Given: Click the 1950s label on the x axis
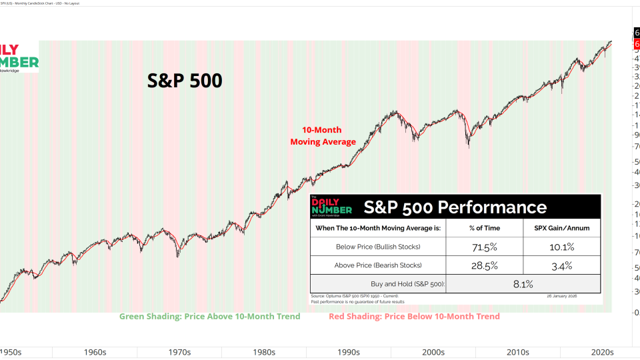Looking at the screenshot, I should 11,351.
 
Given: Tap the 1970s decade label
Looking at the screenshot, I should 179,351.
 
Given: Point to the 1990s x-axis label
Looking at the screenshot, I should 349,351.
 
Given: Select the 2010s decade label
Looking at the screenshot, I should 518,351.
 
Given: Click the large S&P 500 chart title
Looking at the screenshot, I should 185,81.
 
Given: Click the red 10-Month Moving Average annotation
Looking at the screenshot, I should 323,136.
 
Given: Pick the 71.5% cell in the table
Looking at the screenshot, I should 485,247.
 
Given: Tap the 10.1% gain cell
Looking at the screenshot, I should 561,247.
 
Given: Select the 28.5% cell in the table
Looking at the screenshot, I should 485,265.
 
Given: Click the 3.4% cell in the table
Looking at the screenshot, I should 561,265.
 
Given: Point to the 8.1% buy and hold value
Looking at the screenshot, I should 523,284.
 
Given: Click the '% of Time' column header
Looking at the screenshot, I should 485,228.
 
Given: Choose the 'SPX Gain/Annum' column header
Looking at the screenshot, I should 561,228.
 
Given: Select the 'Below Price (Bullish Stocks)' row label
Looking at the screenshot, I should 378,247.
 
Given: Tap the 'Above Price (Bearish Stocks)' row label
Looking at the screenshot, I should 378,265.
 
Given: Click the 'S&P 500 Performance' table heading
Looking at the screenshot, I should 455,207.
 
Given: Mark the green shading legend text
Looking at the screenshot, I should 210,316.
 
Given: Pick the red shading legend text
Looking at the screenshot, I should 414,316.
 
